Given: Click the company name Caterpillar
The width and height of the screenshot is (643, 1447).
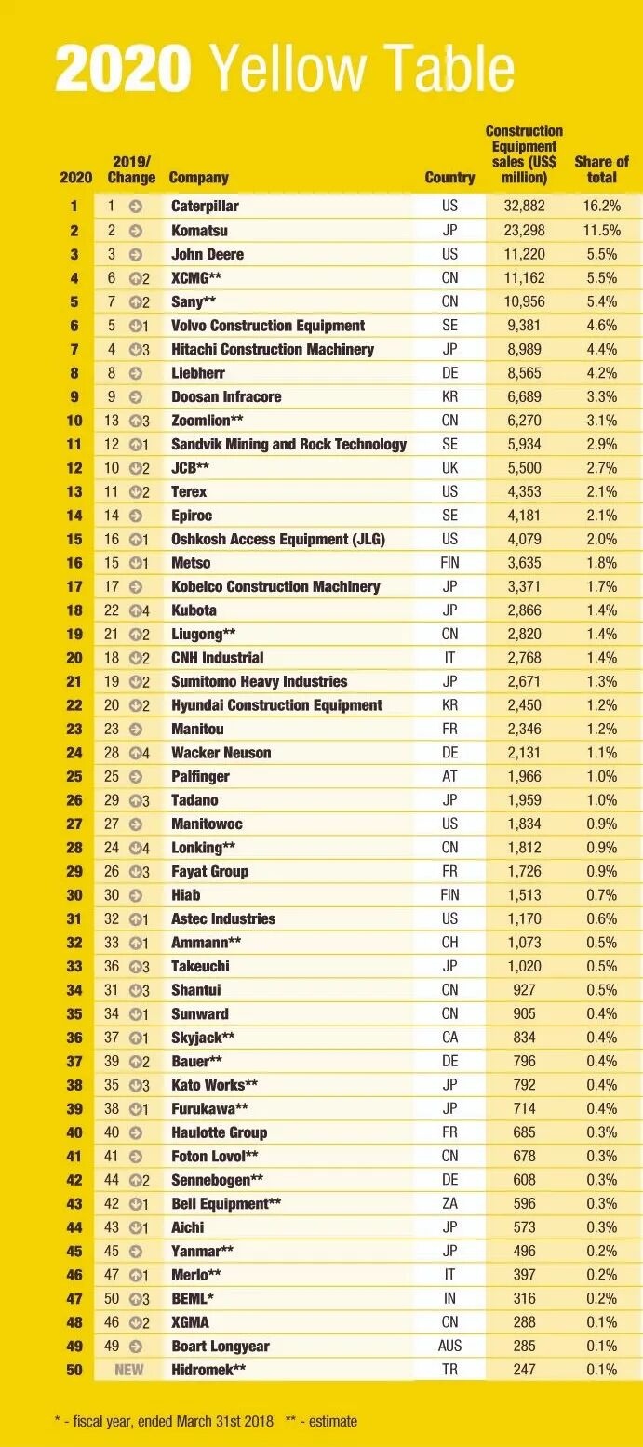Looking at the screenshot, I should coord(205,207).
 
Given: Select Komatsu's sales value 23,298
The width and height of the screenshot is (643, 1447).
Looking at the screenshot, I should coord(522,231).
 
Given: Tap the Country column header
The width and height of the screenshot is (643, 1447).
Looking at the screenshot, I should coord(449,178).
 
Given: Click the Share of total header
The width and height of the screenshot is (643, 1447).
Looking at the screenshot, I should coord(601,169).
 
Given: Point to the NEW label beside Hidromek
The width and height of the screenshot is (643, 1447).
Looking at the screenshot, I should coord(129,1370).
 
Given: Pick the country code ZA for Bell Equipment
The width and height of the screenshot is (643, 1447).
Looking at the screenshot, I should coord(449,1203).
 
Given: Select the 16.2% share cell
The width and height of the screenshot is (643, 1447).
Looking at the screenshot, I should coord(601,207).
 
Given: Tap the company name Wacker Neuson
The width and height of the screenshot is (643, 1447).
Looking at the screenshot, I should coord(221,753).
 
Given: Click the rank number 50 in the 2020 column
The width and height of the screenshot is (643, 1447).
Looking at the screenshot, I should coord(74,1370).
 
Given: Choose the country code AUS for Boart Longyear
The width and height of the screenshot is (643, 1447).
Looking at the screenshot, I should coord(449,1346).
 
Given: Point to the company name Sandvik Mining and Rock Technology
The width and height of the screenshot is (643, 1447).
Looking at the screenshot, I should coord(288,444).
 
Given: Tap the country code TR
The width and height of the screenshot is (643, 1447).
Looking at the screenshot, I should coord(449,1370).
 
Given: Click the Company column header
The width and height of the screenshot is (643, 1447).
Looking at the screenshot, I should coord(198,178).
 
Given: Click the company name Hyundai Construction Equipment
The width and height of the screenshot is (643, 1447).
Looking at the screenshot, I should coord(276,705).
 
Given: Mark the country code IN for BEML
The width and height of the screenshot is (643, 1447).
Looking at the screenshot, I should coord(449,1298).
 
